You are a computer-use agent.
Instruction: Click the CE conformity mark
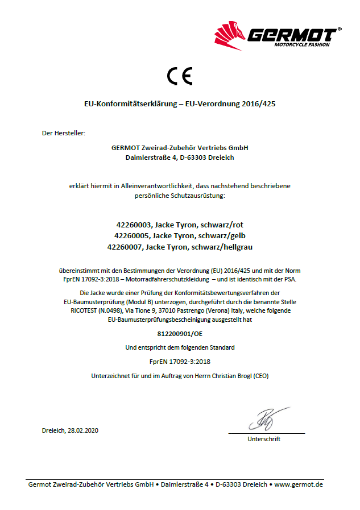180,76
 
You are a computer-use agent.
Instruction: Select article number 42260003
134,225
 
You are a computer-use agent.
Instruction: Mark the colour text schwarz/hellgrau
222,247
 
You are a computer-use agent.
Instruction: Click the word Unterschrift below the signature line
264,439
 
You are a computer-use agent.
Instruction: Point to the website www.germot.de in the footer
299,484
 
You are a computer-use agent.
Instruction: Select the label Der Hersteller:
63,133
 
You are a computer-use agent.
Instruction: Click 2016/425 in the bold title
258,104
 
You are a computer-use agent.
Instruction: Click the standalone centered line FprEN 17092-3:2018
180,362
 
